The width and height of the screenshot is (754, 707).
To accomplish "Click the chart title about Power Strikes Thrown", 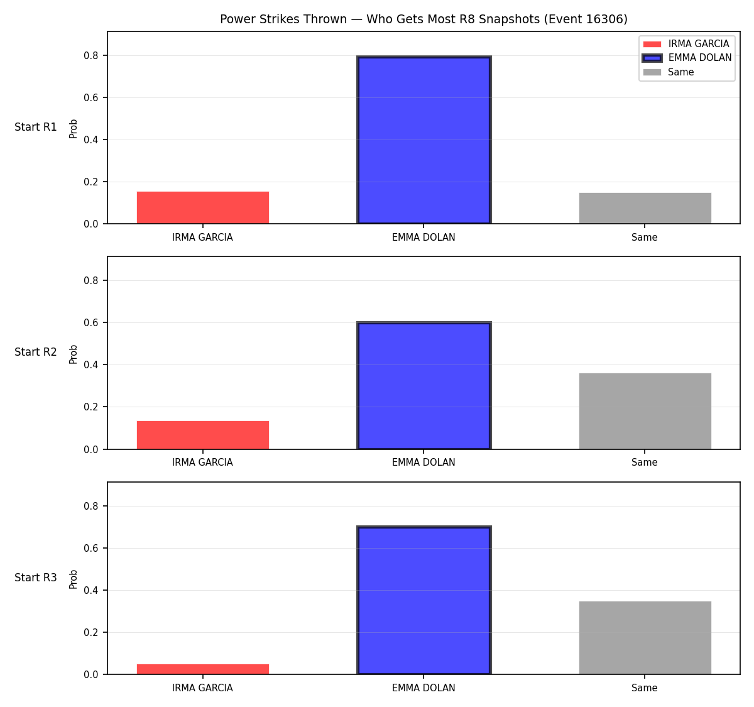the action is [423, 19].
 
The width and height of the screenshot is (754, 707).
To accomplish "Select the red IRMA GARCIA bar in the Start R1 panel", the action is [203, 207].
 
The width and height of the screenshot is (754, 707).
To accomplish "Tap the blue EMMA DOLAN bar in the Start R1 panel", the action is [423, 140].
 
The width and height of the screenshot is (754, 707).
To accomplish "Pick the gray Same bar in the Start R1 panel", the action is [645, 208].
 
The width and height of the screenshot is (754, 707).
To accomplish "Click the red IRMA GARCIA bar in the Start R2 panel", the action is [203, 435].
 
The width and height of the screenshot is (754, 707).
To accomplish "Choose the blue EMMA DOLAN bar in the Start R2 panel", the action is [423, 385].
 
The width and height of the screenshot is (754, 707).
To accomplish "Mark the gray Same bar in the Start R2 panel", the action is [645, 411].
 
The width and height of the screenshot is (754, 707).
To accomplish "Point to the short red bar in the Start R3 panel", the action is [203, 669].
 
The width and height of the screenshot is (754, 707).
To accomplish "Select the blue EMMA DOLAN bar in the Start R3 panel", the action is [423, 600].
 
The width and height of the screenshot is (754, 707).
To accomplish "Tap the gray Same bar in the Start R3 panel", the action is [645, 638].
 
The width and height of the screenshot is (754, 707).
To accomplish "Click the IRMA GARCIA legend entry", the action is [686, 44].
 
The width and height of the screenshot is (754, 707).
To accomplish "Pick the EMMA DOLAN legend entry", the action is [687, 58].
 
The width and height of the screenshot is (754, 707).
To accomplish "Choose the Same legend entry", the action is [668, 72].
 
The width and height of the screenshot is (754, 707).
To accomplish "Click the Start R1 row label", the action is [36, 127].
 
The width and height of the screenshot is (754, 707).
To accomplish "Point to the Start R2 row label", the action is [36, 352].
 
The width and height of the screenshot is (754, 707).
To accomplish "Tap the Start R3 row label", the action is [36, 578].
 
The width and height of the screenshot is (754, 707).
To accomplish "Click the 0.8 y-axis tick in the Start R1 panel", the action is [90, 56].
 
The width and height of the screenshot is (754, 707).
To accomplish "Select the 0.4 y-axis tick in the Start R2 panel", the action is [90, 364].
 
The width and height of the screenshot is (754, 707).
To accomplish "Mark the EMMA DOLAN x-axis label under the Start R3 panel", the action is [423, 688].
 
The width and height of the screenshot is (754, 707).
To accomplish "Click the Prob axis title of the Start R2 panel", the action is [73, 354].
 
